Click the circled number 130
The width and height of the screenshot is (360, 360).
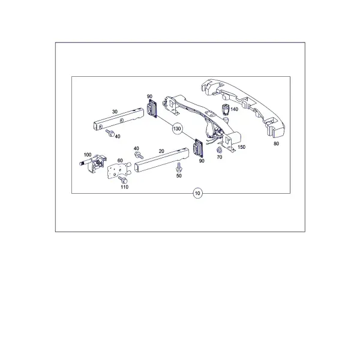[x=177, y=129]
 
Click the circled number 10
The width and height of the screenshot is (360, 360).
[x=197, y=193]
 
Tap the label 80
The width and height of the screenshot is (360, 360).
[x=276, y=144]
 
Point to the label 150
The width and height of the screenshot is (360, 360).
[x=241, y=147]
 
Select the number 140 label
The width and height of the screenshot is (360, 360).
[x=234, y=109]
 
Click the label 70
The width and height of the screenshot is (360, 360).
[x=220, y=157]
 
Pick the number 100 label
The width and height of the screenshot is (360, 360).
[x=88, y=155]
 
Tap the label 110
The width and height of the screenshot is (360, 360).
[x=124, y=187]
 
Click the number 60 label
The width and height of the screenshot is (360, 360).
[x=120, y=160]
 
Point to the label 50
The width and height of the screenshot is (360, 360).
[x=179, y=176]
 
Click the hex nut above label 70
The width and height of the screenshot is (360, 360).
[x=219, y=151]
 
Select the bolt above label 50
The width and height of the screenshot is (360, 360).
[x=179, y=167]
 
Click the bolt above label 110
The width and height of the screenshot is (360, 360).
[x=123, y=180]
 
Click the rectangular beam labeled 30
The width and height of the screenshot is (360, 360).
[x=119, y=119]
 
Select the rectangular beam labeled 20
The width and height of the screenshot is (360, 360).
[x=162, y=160]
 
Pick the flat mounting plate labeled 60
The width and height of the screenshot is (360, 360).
[x=118, y=170]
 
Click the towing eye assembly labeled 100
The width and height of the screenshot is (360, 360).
[x=94, y=163]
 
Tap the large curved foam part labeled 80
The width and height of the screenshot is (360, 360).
[x=244, y=107]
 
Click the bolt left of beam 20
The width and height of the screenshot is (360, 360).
[x=139, y=155]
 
